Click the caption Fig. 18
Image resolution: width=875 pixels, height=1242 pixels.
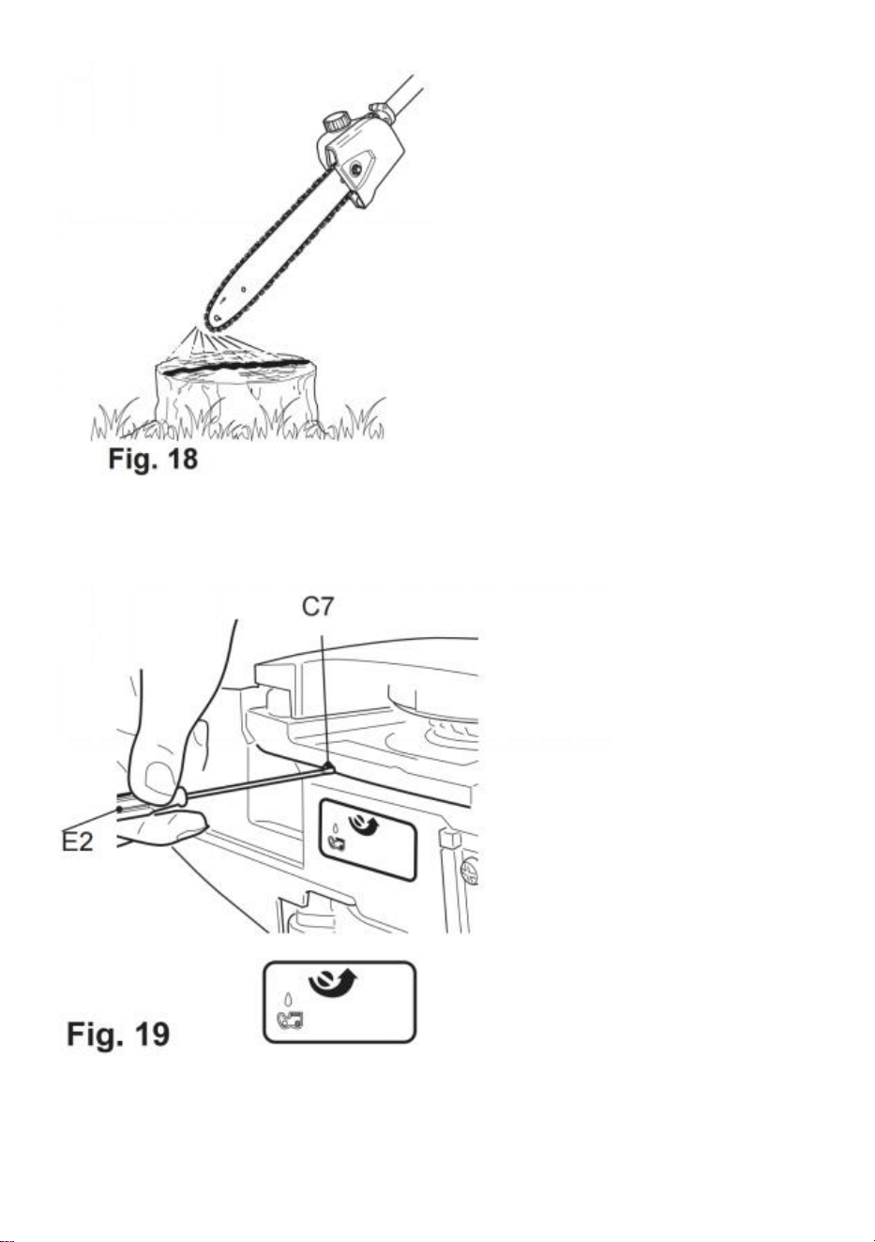(x=153, y=459)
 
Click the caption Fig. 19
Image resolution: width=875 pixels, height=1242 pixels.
(x=118, y=1034)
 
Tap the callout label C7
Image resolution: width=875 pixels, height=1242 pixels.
(x=318, y=607)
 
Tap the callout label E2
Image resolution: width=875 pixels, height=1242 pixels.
(x=77, y=842)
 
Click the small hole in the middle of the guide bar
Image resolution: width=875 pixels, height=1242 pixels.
(x=244, y=289)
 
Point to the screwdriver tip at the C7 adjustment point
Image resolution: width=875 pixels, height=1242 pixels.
(x=329, y=766)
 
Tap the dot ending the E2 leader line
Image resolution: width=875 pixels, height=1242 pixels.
(x=120, y=809)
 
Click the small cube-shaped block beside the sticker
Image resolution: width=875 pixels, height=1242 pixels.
(x=450, y=839)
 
